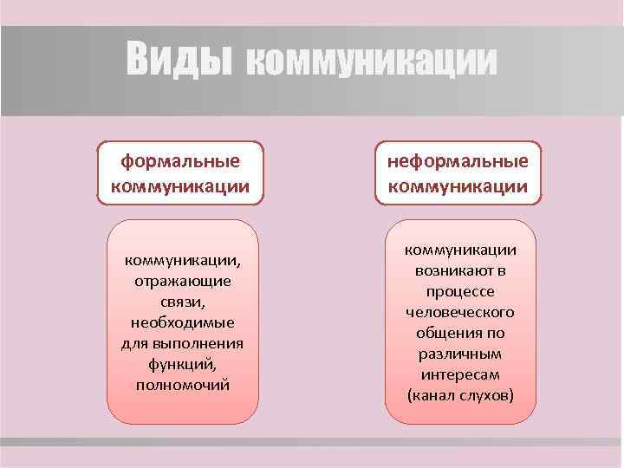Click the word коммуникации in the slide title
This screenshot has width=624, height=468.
(372, 62)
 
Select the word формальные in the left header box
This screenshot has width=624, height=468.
(180, 162)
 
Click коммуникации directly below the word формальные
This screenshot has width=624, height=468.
(180, 185)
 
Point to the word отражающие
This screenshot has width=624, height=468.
(182, 281)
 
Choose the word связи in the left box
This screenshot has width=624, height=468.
(182, 302)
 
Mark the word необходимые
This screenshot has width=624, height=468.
(182, 322)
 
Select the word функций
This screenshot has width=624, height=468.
(182, 364)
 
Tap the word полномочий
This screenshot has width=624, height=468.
(182, 384)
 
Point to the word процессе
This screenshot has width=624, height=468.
(460, 291)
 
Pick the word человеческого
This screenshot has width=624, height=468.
(460, 312)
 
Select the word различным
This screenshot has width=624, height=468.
(460, 354)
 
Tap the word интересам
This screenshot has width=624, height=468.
(460, 374)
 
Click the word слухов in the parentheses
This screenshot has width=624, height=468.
(484, 395)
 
